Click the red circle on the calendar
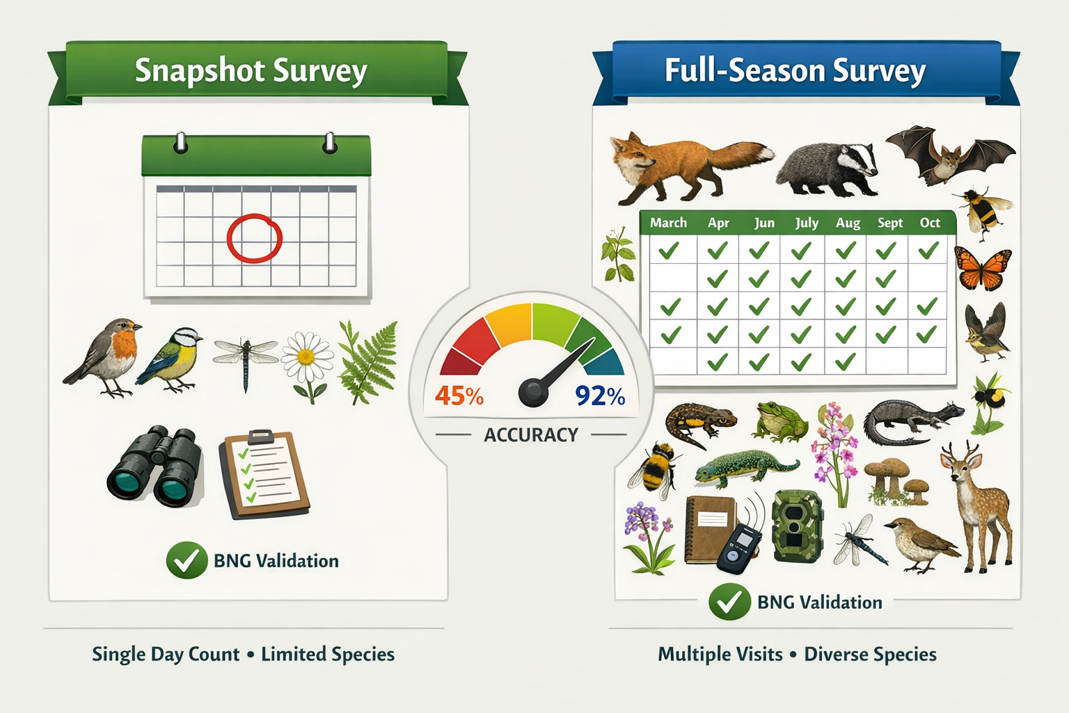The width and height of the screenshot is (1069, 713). point(255,238)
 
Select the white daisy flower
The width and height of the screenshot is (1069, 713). point(306,358)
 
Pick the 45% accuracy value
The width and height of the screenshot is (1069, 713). point(459,396)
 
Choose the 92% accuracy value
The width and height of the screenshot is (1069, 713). point(600,396)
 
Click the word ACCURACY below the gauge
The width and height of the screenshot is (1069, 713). point(531,435)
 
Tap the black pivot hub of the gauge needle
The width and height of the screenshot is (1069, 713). point(533,392)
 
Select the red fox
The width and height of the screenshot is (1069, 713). point(686,166)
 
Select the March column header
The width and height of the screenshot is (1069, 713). point(668,223)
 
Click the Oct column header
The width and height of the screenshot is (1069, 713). point(930,223)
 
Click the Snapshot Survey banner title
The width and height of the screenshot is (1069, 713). point(251,71)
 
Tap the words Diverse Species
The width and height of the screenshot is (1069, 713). point(870,655)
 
